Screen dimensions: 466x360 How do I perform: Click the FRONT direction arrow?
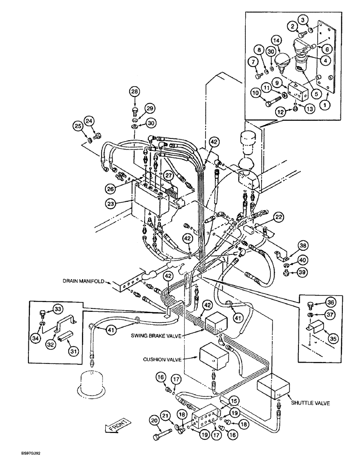coord(114,426)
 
